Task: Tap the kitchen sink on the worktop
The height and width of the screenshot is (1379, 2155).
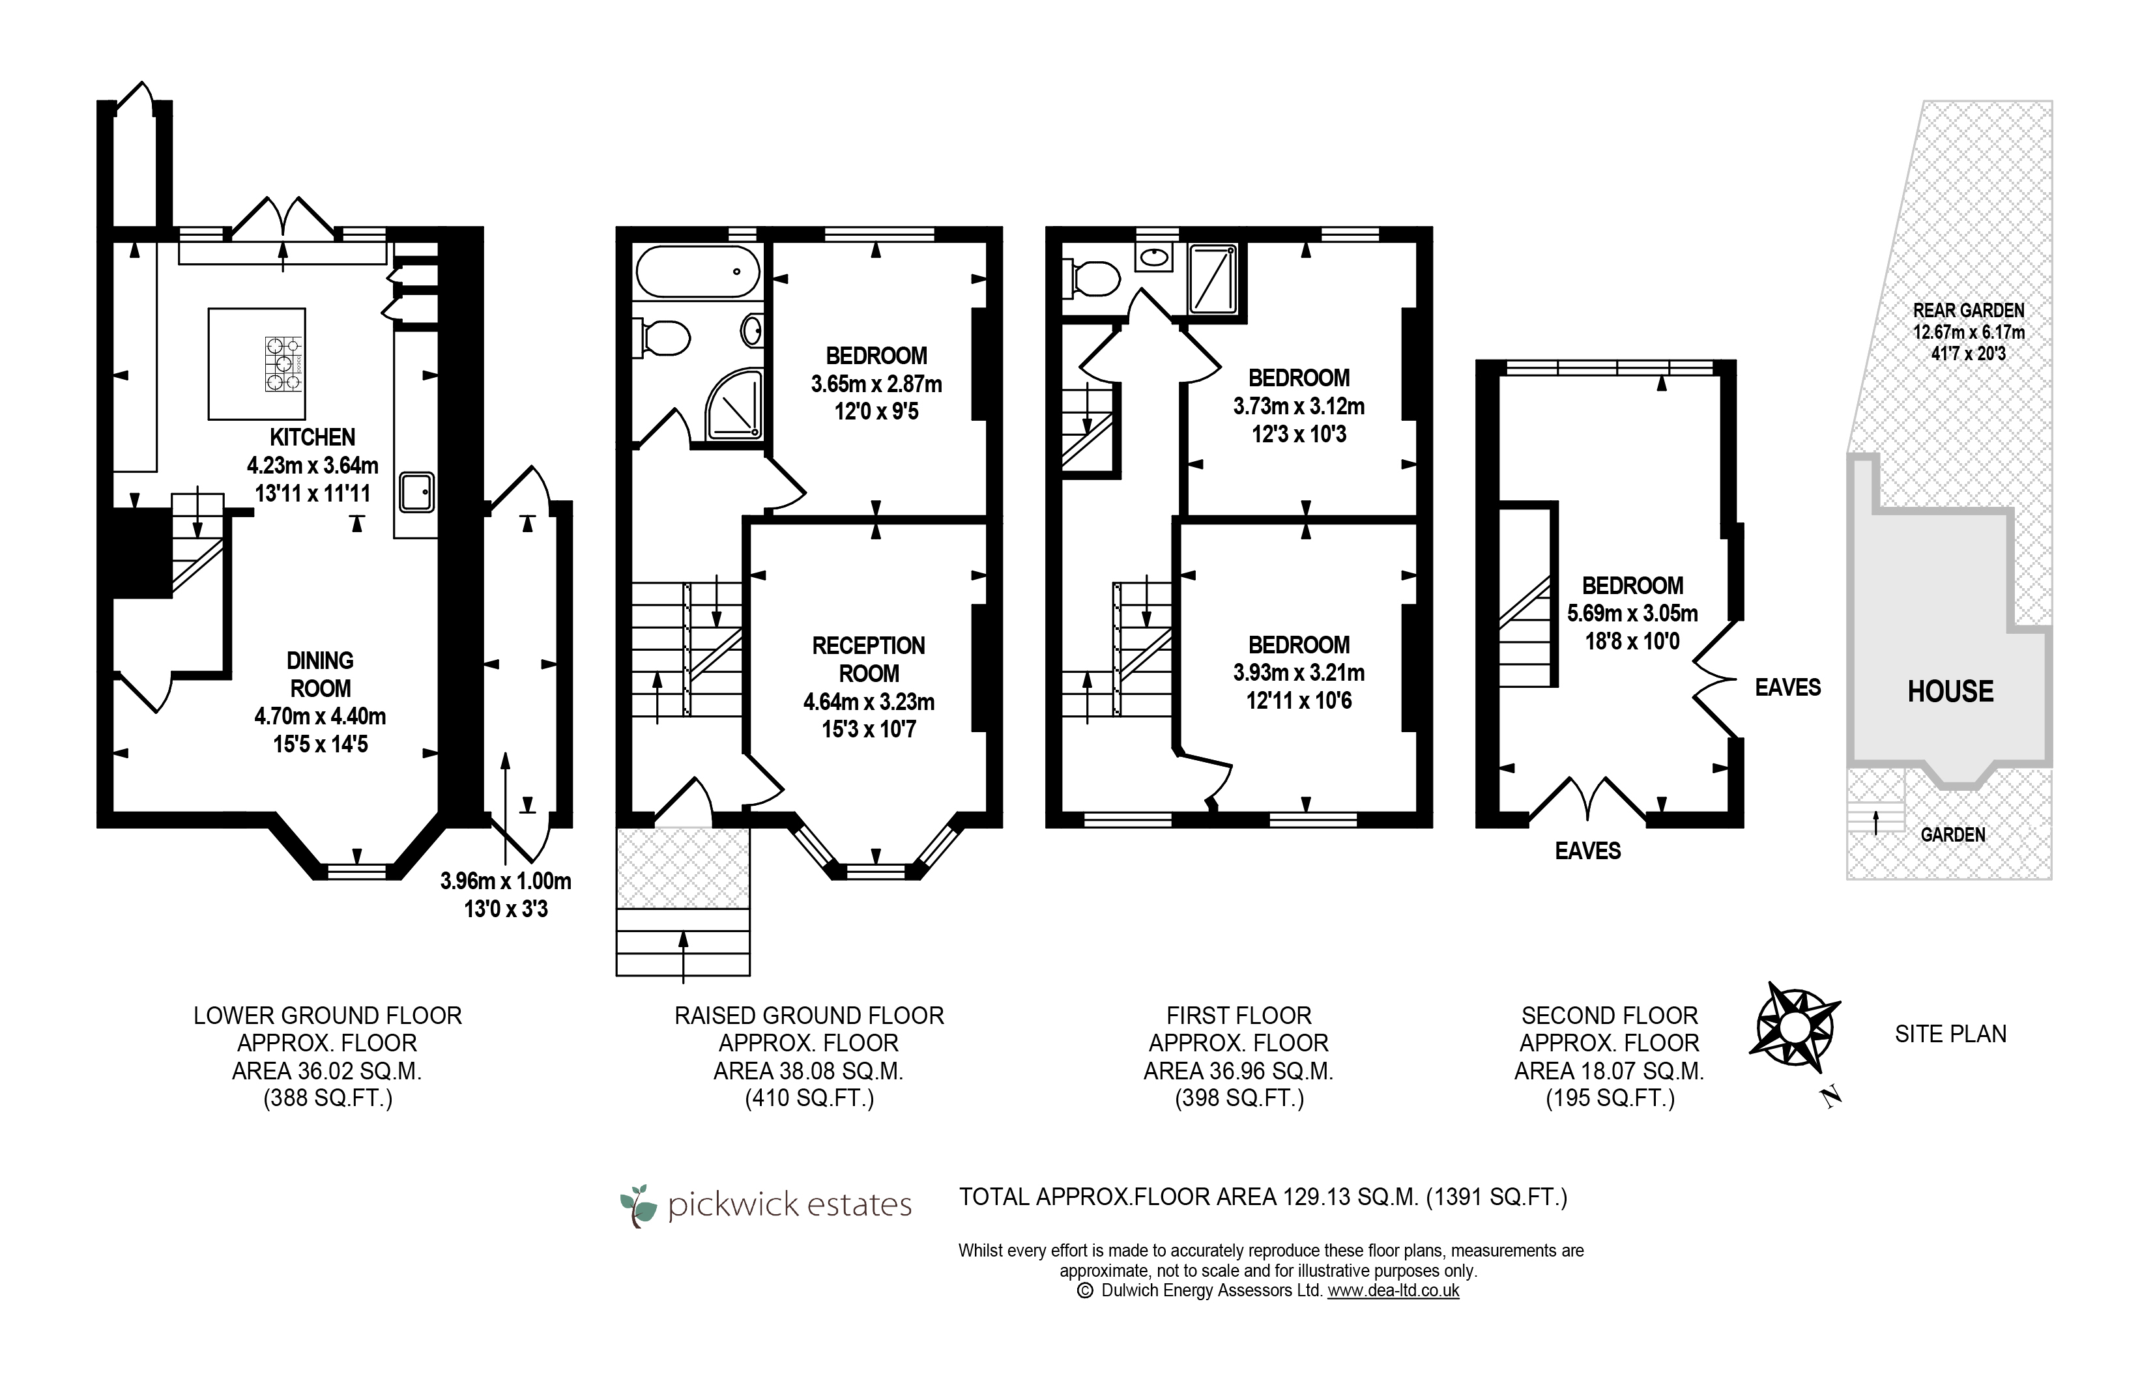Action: [x=416, y=492]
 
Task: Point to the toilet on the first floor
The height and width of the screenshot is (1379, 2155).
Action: [x=1090, y=277]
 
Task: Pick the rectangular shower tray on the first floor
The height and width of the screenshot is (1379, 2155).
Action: [x=1213, y=279]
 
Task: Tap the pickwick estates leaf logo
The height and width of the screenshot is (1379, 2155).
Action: [x=638, y=1205]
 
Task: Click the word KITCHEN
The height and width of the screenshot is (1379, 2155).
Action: [x=313, y=437]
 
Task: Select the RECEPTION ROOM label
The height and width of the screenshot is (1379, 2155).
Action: [x=869, y=659]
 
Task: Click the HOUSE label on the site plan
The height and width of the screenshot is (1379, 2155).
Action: [x=1950, y=691]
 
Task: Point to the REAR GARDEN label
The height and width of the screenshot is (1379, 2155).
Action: [x=1969, y=310]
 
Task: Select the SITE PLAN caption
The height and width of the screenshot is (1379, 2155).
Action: [x=1950, y=1033]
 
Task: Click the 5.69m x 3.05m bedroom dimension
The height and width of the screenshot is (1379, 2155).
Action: [x=1632, y=614]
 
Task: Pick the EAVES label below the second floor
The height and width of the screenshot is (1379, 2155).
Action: [x=1588, y=851]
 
